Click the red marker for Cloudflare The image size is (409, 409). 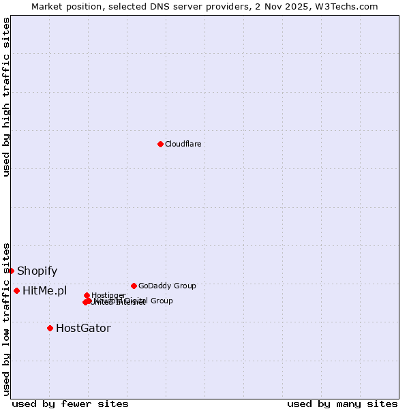click(160, 144)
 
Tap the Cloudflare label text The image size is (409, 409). click(183, 144)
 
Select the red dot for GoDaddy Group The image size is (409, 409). click(134, 286)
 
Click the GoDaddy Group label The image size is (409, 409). click(166, 286)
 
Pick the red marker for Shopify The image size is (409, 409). click(11, 271)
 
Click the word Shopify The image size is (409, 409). click(37, 271)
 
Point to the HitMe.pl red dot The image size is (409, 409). click(16, 290)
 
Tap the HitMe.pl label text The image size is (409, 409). click(44, 291)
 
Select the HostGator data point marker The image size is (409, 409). click(50, 328)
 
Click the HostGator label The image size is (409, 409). click(82, 329)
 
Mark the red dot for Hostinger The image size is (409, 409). click(87, 295)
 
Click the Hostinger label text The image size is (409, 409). click(108, 295)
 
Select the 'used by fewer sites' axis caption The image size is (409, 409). click(70, 404)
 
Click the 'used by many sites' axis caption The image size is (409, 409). click(342, 404)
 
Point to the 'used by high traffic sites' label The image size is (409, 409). click(6, 97)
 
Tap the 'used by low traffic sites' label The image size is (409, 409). click(6, 319)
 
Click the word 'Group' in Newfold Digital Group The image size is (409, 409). click(161, 301)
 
